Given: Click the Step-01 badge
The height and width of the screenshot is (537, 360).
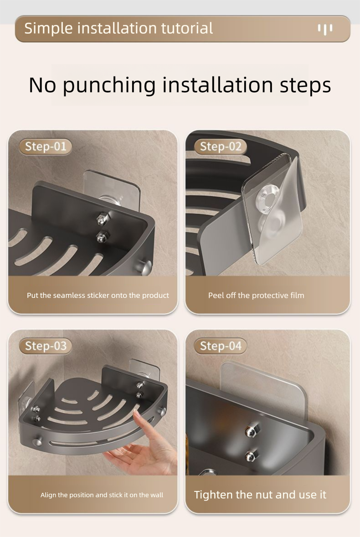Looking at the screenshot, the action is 45,147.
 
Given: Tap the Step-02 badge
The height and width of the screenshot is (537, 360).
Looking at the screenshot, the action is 221,147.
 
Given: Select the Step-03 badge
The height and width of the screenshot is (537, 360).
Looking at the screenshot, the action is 46,346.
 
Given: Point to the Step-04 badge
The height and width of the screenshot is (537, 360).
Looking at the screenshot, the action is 221,346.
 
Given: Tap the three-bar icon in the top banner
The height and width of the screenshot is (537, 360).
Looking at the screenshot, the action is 325,29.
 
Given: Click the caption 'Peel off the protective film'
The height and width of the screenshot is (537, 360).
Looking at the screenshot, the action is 256,295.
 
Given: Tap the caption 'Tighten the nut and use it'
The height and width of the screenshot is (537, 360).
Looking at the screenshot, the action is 260,495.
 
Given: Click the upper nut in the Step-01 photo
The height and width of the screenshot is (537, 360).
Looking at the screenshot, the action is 103,217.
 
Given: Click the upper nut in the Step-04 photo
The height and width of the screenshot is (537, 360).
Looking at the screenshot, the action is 252,430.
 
